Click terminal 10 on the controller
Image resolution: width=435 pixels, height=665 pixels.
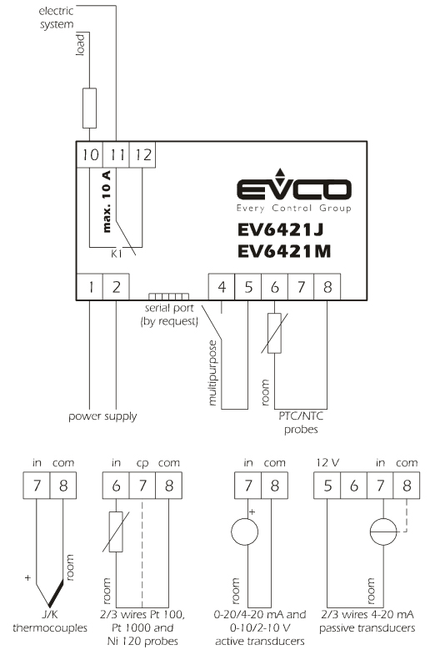(90, 155)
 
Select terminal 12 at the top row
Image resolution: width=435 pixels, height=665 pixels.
(142, 155)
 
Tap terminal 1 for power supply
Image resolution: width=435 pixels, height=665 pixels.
(90, 287)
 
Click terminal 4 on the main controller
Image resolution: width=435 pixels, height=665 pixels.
(222, 287)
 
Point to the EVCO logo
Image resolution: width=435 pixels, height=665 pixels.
(294, 190)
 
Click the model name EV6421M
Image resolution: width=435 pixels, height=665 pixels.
(284, 251)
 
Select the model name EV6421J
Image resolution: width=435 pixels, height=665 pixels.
(280, 229)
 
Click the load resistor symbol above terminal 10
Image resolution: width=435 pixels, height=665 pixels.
(89, 108)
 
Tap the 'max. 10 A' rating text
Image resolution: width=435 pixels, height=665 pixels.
(107, 201)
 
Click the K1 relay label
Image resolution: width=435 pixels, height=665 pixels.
(117, 254)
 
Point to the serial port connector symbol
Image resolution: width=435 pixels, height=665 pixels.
(168, 296)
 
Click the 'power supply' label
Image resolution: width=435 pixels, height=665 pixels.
(103, 416)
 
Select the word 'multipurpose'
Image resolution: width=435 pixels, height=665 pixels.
(212, 372)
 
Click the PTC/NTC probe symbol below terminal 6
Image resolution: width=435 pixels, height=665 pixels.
(274, 334)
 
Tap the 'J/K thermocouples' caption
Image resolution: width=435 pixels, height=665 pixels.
(50, 621)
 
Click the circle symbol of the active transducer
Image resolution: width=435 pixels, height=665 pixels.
(244, 531)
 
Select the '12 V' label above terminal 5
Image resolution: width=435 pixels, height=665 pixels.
(327, 462)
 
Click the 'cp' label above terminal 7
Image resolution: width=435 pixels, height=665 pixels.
(142, 463)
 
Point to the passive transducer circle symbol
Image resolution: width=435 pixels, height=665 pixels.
(383, 531)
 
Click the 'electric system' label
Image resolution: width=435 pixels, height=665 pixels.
(57, 18)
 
